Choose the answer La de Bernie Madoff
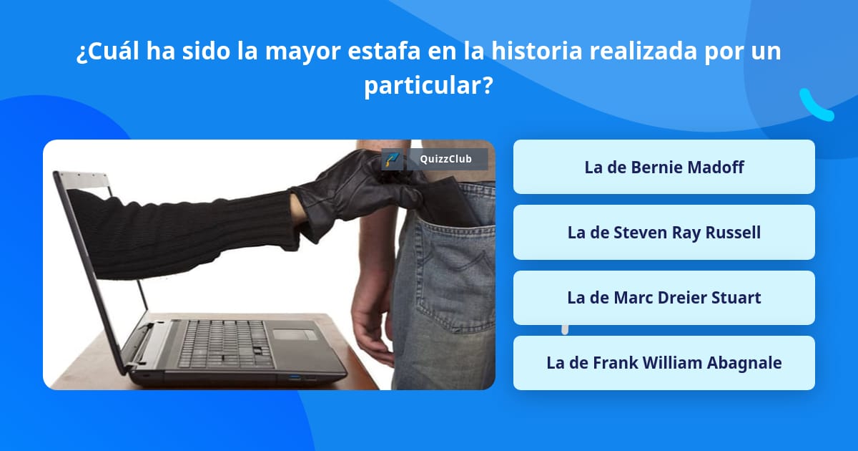click(664, 167)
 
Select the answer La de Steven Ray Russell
click(664, 233)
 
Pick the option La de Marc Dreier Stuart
click(664, 298)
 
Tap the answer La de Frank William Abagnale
click(664, 363)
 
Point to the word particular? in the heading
click(428, 87)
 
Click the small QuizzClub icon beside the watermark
click(392, 159)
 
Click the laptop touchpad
click(295, 334)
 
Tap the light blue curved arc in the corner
click(815, 105)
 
